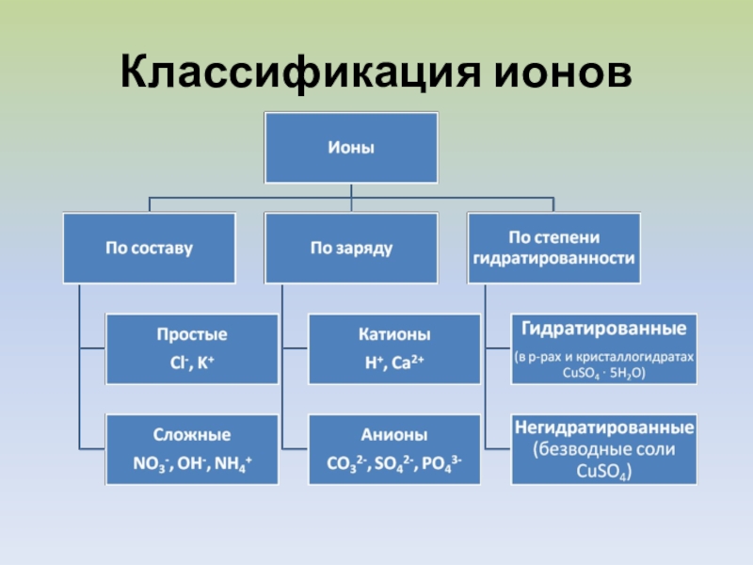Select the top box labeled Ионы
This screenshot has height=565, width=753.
coord(351,148)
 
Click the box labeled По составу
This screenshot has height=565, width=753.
coord(148,249)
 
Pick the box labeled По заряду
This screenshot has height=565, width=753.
coord(351,249)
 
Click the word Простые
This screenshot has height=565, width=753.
coord(192,335)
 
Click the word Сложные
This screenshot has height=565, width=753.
coord(192,435)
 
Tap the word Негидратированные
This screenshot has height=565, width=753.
coord(603,428)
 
